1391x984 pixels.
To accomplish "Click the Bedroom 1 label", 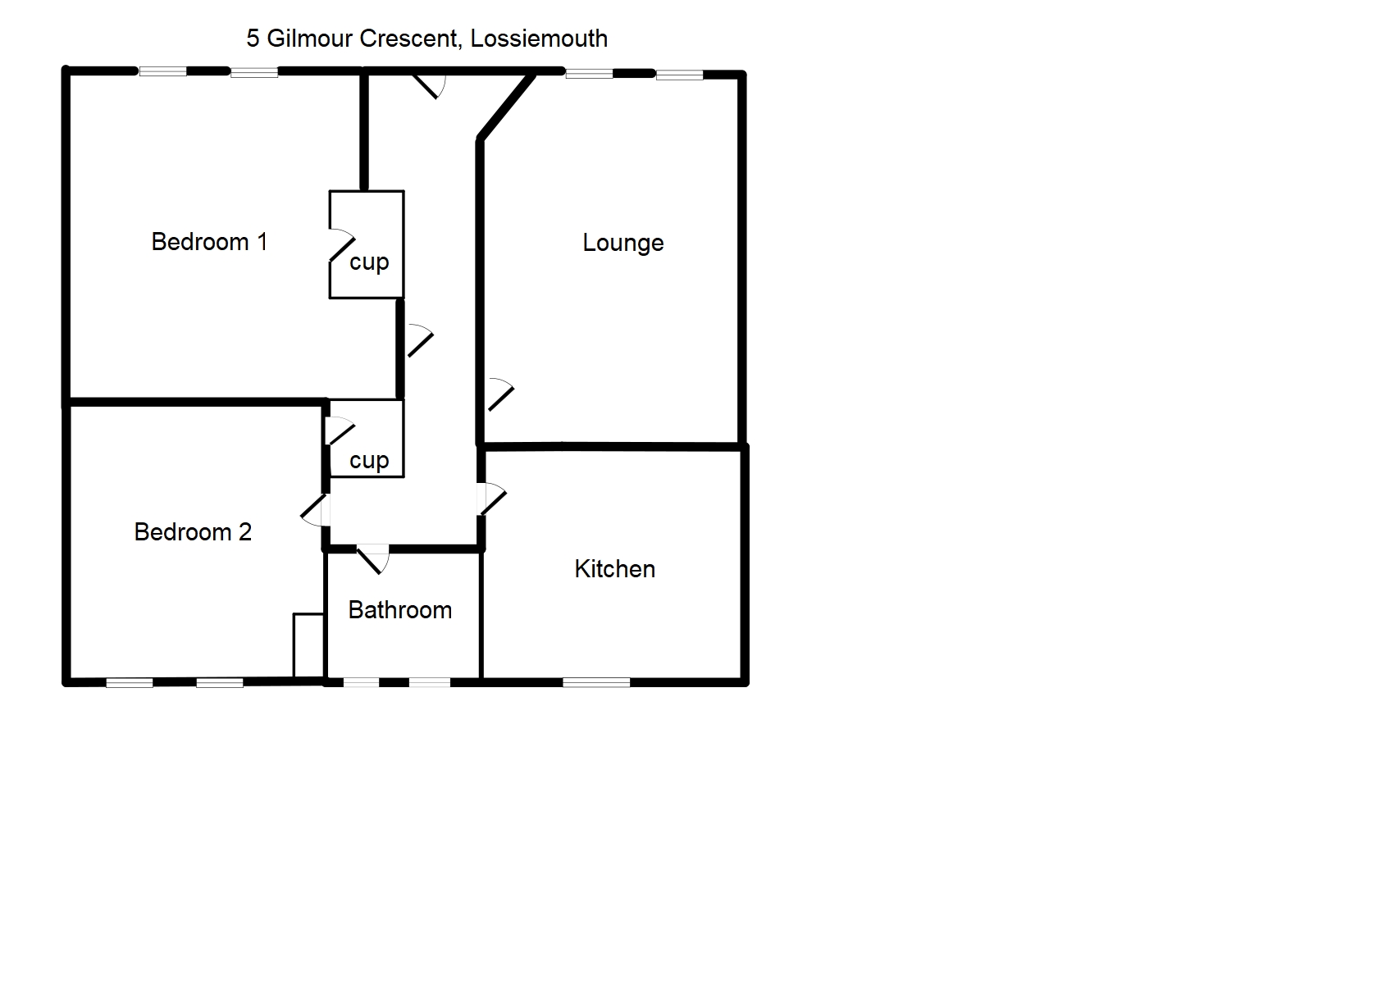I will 209,242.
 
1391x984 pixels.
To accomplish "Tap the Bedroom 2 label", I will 193,532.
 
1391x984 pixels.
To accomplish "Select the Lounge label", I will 623,243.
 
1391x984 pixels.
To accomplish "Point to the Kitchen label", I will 614,569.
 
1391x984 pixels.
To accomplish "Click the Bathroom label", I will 399,610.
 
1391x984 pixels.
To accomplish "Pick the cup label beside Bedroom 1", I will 369,262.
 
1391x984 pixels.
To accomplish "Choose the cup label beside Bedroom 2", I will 369,461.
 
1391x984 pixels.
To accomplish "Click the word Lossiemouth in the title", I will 539,39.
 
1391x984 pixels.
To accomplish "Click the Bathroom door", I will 374,558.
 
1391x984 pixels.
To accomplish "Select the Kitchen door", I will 492,499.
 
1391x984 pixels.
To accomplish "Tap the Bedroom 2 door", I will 316,510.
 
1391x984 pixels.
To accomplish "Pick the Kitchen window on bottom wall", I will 596,681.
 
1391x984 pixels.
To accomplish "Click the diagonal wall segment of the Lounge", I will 507,107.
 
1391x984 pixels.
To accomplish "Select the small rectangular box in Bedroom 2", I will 308,646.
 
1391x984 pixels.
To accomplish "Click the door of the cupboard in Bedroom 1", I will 341,245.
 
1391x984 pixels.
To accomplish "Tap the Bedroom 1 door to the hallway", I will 419,341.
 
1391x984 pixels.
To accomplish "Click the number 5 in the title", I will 253,39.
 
